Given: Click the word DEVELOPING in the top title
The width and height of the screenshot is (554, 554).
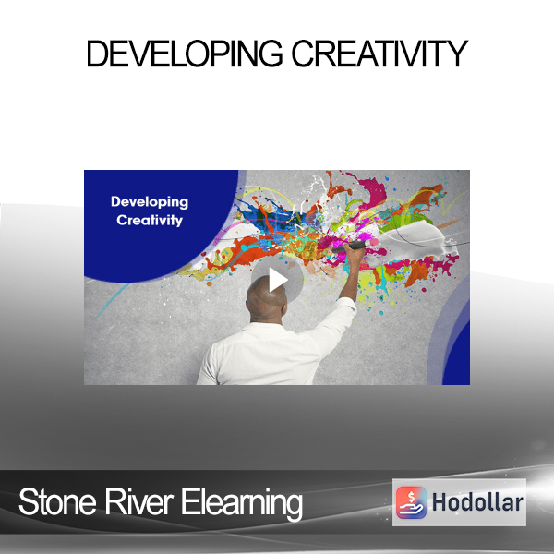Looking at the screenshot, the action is [185, 54].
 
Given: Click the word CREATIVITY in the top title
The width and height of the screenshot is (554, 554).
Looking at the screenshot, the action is [379, 54].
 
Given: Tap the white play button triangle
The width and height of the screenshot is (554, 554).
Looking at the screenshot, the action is [279, 280].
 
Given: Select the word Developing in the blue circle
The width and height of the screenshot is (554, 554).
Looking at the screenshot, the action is [150, 202].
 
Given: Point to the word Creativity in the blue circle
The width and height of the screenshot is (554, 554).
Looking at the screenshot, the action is [150, 220].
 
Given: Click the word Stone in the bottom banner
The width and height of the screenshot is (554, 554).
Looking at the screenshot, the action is [57, 501].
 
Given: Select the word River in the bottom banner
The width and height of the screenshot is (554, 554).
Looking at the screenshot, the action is [138, 501].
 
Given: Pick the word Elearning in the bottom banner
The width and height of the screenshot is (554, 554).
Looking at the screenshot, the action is [242, 503].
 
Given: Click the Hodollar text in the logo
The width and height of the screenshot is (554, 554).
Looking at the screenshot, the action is [477, 502].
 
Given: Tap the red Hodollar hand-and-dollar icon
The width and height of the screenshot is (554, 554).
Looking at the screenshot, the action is [411, 502].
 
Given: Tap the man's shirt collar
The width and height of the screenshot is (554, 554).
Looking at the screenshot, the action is [268, 324].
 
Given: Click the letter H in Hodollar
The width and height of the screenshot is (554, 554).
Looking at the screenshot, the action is [440, 502].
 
